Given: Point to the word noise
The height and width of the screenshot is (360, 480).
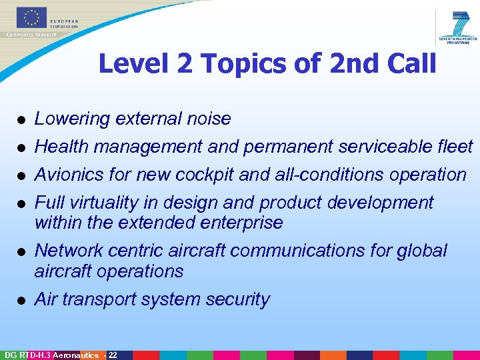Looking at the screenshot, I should (209, 119).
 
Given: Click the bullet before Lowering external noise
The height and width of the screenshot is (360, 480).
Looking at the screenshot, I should (21, 120).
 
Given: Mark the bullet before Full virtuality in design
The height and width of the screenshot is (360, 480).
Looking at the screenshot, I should (21, 204).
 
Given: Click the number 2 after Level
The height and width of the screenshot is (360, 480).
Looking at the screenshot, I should (183, 64).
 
